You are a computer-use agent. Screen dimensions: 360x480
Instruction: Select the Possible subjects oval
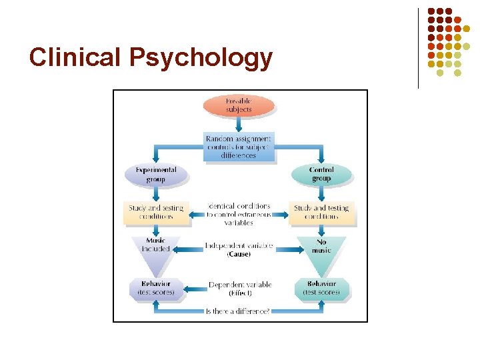[239, 105]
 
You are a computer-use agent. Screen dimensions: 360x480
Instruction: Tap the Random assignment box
[239, 147]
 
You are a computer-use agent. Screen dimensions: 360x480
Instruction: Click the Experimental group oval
[156, 175]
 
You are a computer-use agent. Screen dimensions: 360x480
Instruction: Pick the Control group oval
[322, 174]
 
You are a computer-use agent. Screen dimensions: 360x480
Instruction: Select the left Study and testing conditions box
[156, 212]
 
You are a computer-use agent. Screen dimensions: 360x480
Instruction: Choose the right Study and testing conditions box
[321, 212]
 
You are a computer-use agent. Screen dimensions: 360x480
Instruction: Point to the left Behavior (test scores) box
[156, 288]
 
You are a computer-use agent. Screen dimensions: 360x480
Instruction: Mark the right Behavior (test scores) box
[321, 288]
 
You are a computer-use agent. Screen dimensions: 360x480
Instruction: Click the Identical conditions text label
[239, 214]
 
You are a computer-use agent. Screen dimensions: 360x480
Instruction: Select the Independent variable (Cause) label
[239, 249]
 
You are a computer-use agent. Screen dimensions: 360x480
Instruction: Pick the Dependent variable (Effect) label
[239, 288]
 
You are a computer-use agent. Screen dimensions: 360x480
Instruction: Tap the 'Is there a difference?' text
[238, 311]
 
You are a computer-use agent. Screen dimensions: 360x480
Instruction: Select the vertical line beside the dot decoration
[419, 48]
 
